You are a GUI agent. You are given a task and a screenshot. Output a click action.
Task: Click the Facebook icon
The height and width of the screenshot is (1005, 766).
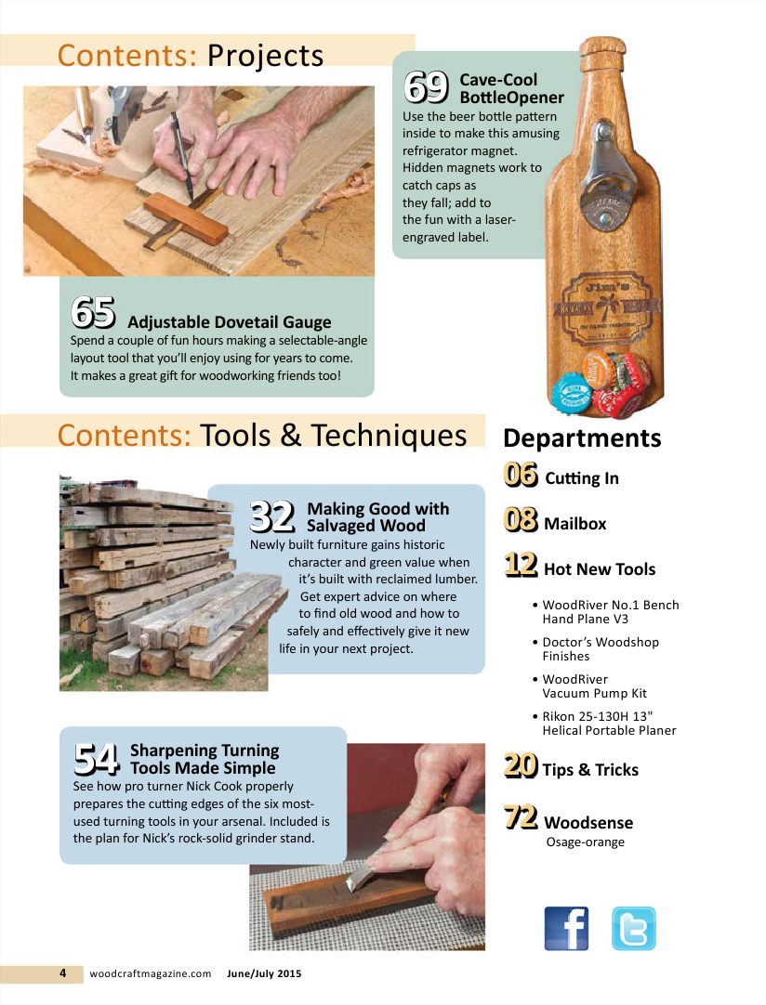click(565, 928)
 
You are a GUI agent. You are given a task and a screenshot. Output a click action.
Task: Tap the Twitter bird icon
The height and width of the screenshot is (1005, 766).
click(633, 928)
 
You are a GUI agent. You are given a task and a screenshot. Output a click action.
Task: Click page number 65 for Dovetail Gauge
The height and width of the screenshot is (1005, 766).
click(93, 313)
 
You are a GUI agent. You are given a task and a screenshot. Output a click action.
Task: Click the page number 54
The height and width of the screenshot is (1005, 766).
click(97, 759)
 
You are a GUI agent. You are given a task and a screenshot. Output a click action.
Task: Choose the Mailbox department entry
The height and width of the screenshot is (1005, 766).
click(574, 524)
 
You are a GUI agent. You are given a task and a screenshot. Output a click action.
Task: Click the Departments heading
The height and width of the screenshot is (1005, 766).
click(582, 437)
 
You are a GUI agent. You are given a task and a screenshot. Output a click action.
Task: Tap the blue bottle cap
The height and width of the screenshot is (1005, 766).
click(571, 391)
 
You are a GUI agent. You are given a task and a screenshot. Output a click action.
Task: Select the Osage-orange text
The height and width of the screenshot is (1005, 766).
click(585, 842)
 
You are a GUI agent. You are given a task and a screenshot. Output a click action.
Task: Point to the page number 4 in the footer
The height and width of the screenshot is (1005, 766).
click(63, 973)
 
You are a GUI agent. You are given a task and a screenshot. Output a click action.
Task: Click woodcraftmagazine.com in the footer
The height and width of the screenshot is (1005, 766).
click(150, 973)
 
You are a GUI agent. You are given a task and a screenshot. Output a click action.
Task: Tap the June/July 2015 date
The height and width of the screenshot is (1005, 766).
click(264, 973)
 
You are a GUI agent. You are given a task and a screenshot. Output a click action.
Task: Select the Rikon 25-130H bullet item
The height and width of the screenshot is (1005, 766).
click(609, 723)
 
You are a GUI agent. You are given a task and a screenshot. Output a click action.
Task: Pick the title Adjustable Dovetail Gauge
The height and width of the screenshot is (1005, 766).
click(229, 322)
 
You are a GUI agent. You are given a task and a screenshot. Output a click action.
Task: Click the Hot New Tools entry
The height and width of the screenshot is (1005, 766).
click(599, 569)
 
